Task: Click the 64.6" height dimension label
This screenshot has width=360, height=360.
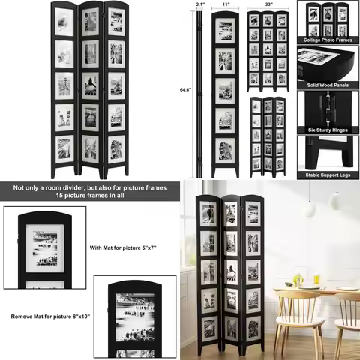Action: click(x=185, y=89)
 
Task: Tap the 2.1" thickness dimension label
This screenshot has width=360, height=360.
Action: click(x=199, y=4)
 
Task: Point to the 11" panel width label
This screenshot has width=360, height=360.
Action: click(x=225, y=4)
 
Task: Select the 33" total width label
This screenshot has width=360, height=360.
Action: click(x=269, y=4)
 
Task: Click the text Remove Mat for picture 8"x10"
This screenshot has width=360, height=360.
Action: click(x=50, y=316)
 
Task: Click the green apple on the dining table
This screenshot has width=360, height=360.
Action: click(x=298, y=280)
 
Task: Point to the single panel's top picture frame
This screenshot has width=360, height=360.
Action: click(x=225, y=31)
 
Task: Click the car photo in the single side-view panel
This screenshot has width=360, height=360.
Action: click(x=225, y=121)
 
